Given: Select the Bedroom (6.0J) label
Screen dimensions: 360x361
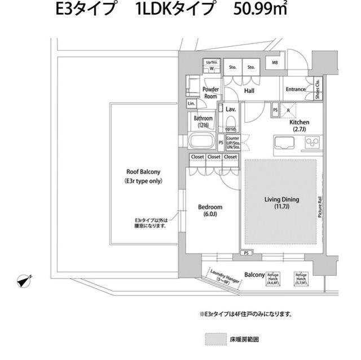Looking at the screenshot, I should click(210, 210).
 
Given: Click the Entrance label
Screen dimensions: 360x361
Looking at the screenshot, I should click(296, 89).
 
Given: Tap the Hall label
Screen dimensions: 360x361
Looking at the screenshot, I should click(249, 90).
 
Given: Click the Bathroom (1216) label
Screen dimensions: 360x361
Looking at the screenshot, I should click(203, 121).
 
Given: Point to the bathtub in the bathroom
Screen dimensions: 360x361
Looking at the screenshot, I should click(201, 141).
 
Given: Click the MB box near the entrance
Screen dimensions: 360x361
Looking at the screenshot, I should click(275, 63).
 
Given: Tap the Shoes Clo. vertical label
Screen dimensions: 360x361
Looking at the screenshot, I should click(318, 89).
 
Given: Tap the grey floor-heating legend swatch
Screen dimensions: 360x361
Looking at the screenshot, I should click(214, 340).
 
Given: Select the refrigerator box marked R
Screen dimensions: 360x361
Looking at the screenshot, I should click(288, 110).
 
